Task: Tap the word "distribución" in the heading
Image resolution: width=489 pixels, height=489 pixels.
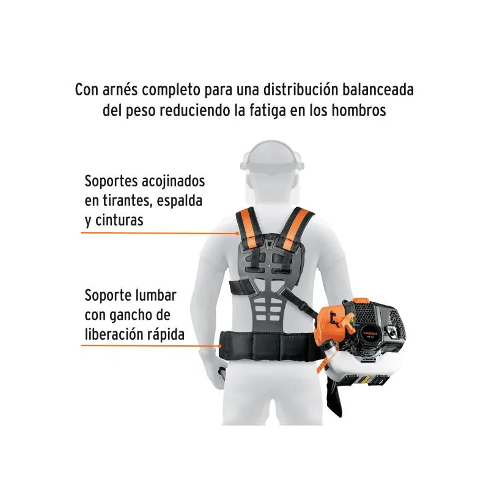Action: click(301, 90)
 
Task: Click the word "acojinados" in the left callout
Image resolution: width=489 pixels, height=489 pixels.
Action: click(173, 181)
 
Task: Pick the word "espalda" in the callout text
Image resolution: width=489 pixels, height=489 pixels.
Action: click(180, 201)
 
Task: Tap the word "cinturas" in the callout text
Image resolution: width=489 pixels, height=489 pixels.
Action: click(119, 221)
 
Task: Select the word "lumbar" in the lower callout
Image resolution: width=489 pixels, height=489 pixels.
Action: click(157, 295)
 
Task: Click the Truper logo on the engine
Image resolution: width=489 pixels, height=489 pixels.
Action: click(370, 333)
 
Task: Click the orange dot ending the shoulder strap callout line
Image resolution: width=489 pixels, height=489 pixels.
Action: click(238, 233)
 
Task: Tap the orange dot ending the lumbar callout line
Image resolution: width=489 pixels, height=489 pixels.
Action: click(220, 345)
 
